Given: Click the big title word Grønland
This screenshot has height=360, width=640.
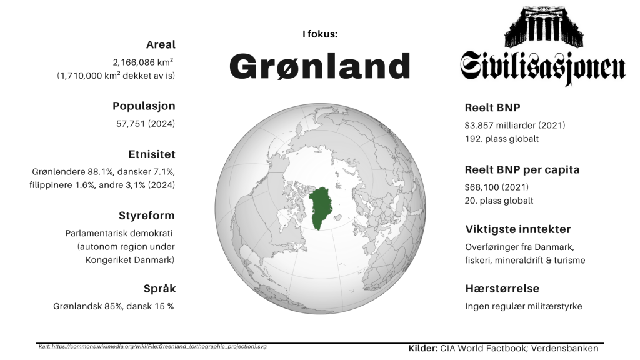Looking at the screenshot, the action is pos(319,66).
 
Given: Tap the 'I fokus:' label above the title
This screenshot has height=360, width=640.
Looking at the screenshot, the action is pos(320,34).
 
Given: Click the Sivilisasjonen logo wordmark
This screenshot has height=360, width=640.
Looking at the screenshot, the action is pos(542,67).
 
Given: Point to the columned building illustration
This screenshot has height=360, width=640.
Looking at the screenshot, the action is pos(544,26).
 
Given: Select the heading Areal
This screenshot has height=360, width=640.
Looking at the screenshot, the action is pos(161,44).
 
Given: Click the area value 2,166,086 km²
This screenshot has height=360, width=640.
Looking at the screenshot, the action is pos(143,62).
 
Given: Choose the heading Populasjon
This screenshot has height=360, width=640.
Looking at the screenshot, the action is pos(144,106).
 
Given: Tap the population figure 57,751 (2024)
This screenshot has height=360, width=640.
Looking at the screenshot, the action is pos(145,124).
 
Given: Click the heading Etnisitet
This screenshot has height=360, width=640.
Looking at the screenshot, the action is pos(152,154).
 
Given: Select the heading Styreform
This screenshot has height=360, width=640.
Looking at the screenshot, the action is pos(146,216).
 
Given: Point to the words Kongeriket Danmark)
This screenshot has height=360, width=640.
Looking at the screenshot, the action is pos(130,260).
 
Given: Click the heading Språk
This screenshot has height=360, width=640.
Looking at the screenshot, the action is pos(159,289).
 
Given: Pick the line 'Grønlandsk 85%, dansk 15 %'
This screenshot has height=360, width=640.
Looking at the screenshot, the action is pos(114,306).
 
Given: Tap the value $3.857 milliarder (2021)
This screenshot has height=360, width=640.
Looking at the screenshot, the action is pos(515,125).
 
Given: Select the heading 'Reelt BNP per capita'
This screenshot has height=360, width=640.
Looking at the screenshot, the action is pos(522,170).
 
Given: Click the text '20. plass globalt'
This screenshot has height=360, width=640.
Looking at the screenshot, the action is pos(499,201).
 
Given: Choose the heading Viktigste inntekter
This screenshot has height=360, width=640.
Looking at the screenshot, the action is pos(518,229).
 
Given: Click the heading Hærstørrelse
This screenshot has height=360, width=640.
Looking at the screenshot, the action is pos(502,289).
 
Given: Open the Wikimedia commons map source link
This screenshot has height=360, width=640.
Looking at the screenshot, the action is pos(152,346).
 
